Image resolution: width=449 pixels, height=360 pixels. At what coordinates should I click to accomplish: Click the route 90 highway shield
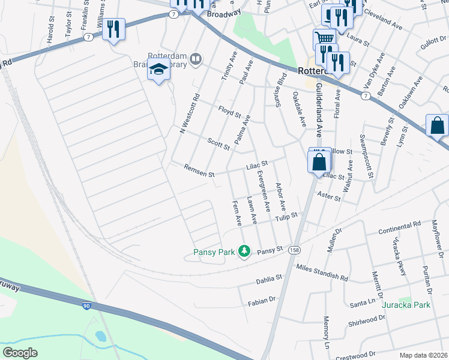(87, 307)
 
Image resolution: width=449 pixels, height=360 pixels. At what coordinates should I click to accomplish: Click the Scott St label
(218, 143)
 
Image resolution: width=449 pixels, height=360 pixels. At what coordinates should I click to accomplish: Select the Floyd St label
(229, 112)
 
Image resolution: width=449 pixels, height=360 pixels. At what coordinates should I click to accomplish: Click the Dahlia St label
(269, 278)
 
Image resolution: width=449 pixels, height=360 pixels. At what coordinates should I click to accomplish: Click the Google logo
(20, 352)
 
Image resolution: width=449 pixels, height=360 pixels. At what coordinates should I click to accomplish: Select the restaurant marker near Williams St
(113, 29)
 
